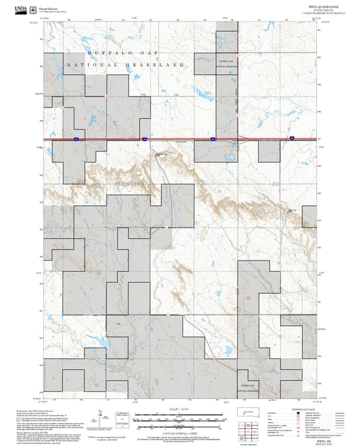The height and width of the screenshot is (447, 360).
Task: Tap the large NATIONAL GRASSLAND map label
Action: pos(126,65)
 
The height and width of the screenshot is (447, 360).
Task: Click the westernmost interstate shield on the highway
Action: pos(76,138)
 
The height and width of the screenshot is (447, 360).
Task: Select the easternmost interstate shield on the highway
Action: pos(292,138)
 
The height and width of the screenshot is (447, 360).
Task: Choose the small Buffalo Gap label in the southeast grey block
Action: pos(247,385)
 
